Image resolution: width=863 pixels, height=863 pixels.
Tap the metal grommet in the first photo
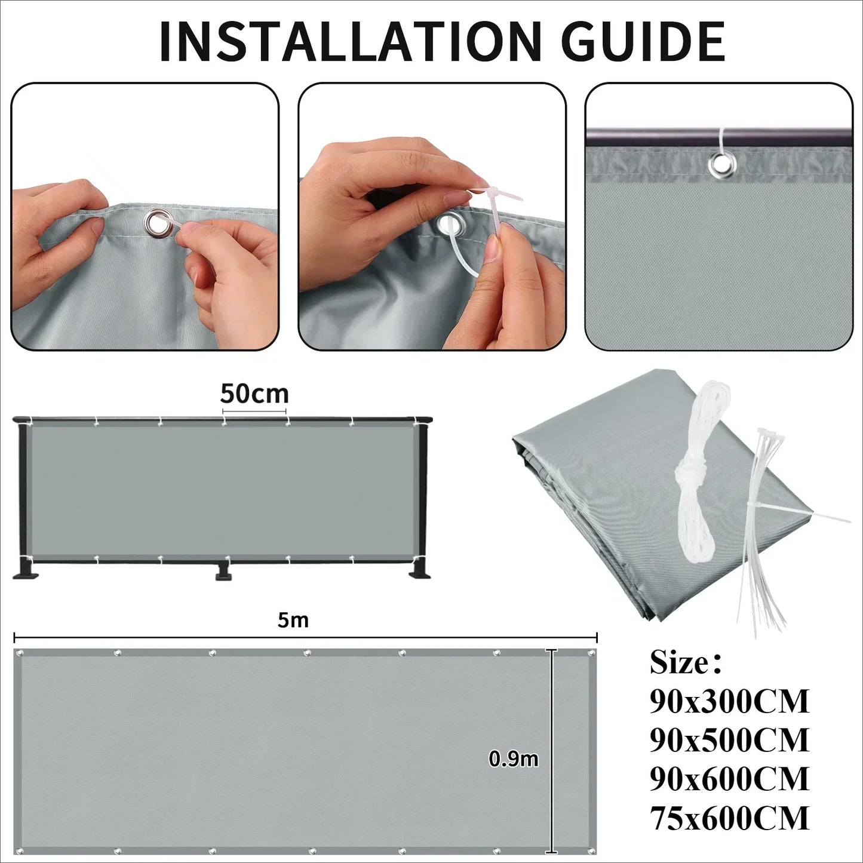pyautogui.click(x=156, y=223)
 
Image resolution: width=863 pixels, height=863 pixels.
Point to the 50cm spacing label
pyautogui.click(x=254, y=394)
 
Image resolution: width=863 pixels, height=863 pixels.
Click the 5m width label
pyautogui.click(x=293, y=621)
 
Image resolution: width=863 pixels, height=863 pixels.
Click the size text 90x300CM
pyautogui.click(x=729, y=702)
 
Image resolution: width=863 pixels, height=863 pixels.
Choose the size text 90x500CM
pyautogui.click(x=729, y=741)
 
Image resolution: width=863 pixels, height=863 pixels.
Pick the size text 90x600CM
pyautogui.click(x=729, y=779)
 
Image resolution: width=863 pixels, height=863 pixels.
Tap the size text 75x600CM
pyautogui.click(x=729, y=818)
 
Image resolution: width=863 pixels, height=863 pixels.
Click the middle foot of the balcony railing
pyautogui.click(x=224, y=572)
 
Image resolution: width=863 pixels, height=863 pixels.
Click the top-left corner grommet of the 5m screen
pyautogui.click(x=20, y=653)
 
